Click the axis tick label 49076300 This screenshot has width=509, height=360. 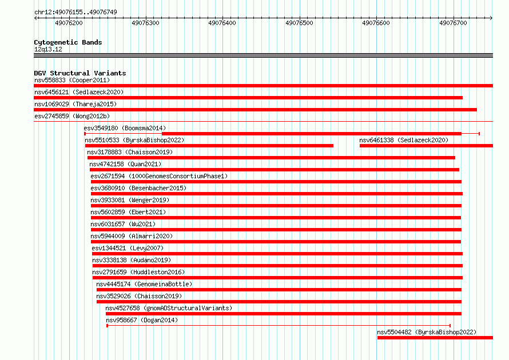[145, 23]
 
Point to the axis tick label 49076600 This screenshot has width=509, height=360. [376, 23]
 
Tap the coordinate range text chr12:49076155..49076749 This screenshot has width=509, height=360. [75, 12]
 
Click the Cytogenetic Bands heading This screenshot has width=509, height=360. [68, 42]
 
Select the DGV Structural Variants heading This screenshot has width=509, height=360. [80, 73]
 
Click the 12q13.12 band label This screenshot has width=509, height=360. [48, 49]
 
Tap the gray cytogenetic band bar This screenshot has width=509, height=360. [263, 55]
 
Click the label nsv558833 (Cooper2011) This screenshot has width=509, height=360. [72, 80]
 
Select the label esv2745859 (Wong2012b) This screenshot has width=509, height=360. [72, 116]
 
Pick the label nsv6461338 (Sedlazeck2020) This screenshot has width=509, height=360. [404, 140]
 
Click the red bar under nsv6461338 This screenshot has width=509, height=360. [426, 146]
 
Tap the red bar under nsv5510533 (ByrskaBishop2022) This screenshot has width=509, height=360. [209, 146]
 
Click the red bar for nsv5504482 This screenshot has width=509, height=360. [435, 338]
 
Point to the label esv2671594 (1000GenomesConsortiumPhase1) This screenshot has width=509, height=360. [159, 176]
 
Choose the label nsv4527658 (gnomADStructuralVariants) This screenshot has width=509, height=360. [169, 308]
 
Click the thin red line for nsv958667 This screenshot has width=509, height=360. [279, 326]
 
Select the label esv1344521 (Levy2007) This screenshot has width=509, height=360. [128, 248]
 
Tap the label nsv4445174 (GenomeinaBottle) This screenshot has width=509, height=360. [144, 284]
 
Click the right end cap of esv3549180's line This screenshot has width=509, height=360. [479, 134]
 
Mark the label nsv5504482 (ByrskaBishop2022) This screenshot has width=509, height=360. [427, 332]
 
